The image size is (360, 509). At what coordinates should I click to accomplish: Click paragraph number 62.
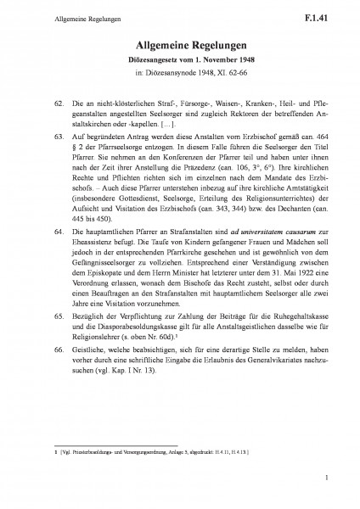coord(58,102)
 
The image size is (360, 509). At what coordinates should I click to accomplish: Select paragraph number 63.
coord(58,135)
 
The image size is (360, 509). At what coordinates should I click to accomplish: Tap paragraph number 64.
coord(58,231)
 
